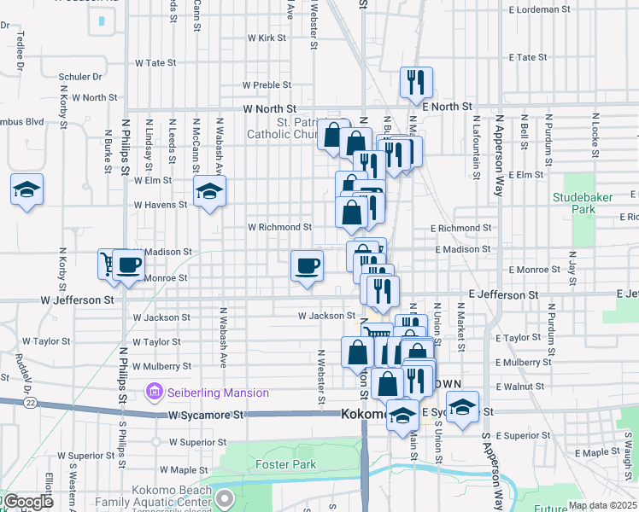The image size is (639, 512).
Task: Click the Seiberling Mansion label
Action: coord(217,393)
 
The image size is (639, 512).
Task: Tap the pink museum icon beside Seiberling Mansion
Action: coord(155,393)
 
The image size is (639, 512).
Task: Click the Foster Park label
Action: coord(285,465)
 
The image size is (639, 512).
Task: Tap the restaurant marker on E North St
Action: coord(416,84)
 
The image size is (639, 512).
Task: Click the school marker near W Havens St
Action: coord(208,193)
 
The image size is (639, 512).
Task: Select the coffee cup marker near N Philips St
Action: coord(128,265)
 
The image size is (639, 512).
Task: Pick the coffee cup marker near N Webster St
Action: coord(307,265)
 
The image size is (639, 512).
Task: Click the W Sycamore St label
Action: coord(206,415)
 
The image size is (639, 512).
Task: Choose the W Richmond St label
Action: coord(279,228)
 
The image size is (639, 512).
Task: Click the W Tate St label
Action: coord(155,62)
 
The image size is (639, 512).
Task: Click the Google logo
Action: coord(27,503)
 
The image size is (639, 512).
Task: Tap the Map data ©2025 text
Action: coord(602,505)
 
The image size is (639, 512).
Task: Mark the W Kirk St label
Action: coord(267,38)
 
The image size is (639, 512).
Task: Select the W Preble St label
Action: coord(267,85)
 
